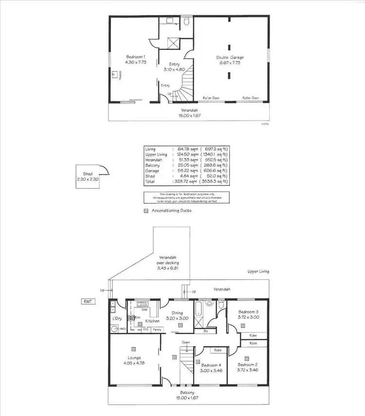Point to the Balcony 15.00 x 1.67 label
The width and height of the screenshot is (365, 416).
(x=187, y=395)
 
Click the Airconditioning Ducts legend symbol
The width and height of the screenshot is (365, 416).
(x=146, y=211)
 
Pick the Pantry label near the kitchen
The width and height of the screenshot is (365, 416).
(x=157, y=330)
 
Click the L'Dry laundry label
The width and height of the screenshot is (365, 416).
(x=116, y=318)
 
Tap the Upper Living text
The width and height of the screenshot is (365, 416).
(x=258, y=271)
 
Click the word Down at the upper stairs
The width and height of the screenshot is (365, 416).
(x=185, y=343)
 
